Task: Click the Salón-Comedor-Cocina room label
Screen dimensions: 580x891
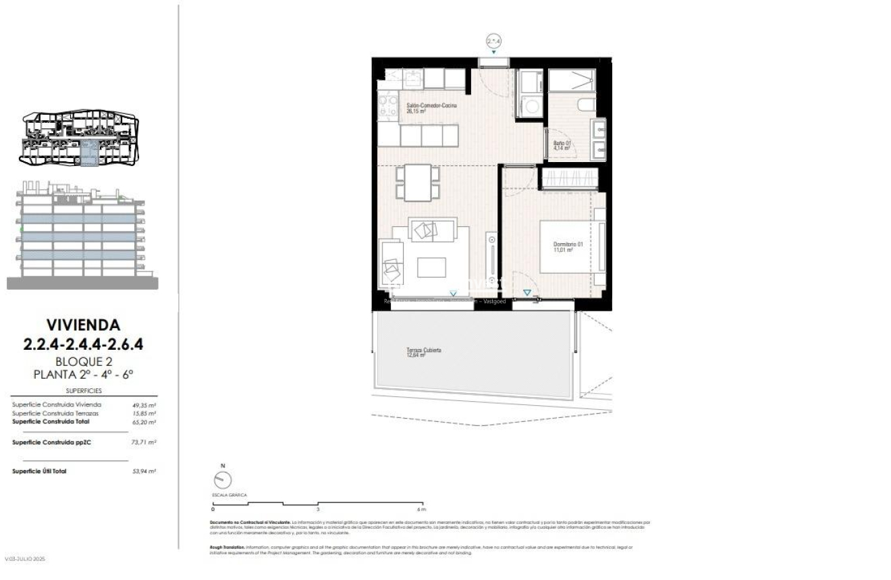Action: point(431,109)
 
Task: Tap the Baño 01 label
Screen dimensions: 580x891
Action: point(562,145)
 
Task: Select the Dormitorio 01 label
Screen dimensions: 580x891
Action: point(563,247)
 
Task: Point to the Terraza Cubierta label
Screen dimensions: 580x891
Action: point(424,352)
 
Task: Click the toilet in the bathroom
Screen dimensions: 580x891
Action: point(586,105)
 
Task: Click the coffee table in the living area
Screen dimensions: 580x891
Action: point(431,267)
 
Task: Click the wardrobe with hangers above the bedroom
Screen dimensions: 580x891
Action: point(569,178)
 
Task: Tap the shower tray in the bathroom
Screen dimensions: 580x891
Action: point(571,80)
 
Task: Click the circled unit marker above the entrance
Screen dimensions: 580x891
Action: point(494,41)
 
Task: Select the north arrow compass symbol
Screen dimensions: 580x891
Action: point(222,479)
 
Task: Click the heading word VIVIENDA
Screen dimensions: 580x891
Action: point(83,326)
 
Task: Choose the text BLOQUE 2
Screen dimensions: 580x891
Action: point(83,361)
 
